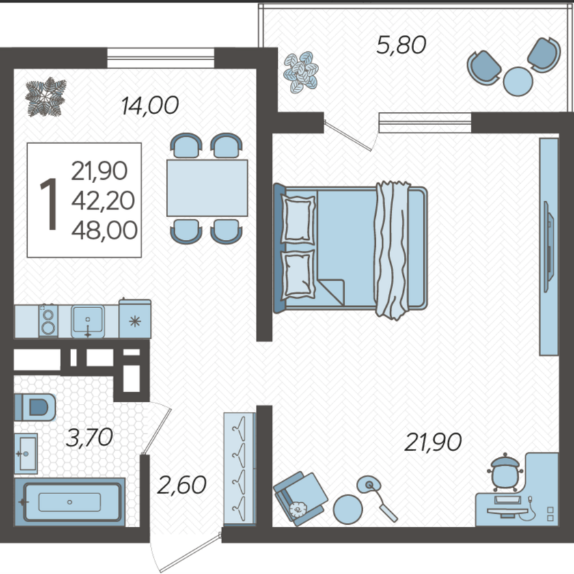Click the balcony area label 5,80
[401, 45]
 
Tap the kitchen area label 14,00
[150, 105]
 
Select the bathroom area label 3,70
[90, 437]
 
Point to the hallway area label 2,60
[182, 484]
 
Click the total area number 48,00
[105, 231]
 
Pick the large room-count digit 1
[49, 204]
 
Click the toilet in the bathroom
[35, 407]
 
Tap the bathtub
[70, 502]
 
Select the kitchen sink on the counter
[87, 321]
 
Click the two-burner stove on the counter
[49, 320]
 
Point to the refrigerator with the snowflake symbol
[135, 318]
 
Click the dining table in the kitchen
[207, 188]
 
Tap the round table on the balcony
[518, 81]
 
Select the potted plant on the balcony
[301, 72]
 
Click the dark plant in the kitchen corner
[45, 96]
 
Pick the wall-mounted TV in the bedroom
[549, 247]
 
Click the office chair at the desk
[504, 472]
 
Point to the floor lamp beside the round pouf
[377, 498]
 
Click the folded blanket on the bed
[392, 250]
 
